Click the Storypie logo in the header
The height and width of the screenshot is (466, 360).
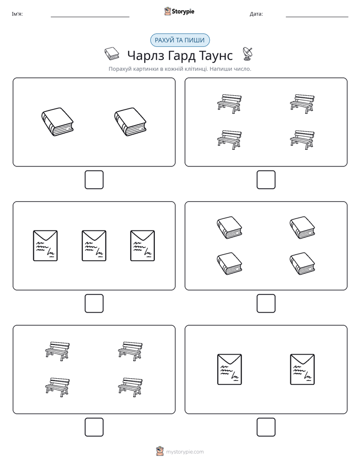coord(179,12)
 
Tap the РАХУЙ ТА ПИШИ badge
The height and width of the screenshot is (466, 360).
coord(179,40)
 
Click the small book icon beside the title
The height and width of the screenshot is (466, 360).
coord(112,54)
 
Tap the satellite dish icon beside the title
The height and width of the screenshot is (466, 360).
coord(248,53)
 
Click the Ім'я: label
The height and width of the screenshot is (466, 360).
coord(17,14)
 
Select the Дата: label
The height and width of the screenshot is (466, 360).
coord(256,14)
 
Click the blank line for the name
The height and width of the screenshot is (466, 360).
coord(90,17)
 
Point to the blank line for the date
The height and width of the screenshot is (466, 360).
coord(317,17)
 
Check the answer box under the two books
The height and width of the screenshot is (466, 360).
coord(94,180)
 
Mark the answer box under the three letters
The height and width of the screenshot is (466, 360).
coord(94,304)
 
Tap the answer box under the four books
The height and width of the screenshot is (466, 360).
coord(266,304)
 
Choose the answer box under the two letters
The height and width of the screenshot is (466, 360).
coord(266,427)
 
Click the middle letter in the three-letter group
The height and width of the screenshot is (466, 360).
coord(94,246)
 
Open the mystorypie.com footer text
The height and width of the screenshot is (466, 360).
coord(185,452)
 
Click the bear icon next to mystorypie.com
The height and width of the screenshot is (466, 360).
coord(160,451)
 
